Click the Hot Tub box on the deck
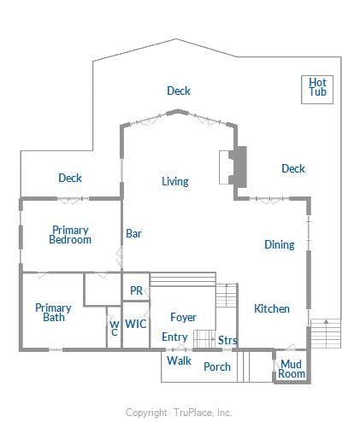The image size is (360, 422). [317, 90]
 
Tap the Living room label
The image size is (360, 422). [175, 181]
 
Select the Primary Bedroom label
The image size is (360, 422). [70, 235]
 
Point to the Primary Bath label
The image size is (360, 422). [53, 313]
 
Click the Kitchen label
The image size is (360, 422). [272, 308]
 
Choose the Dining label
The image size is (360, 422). [280, 244]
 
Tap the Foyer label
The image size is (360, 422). [183, 317]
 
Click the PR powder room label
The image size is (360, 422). [136, 290]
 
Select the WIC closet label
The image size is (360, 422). [136, 324]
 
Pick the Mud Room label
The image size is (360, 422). [292, 369]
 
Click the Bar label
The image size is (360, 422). [133, 233]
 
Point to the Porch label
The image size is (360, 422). [217, 366]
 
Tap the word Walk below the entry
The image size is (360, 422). [179, 360]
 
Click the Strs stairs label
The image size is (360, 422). [227, 340]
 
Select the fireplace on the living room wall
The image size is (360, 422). [233, 167]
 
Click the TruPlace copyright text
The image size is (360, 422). [179, 413]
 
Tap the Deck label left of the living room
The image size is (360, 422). [70, 178]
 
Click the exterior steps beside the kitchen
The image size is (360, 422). [326, 333]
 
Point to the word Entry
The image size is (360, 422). [174, 337]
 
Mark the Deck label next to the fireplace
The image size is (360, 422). [293, 168]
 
